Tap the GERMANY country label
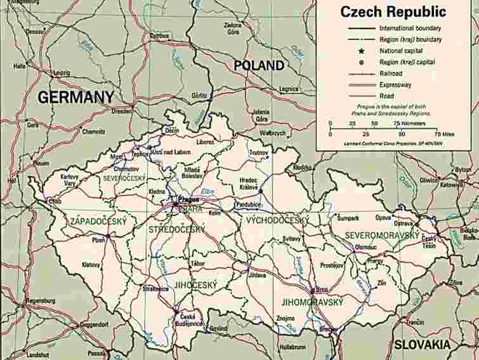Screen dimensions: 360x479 coord(75,97)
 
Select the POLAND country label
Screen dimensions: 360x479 coord(259,65)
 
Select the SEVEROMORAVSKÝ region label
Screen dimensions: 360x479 coord(382,236)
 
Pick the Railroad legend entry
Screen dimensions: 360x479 coord(391,73)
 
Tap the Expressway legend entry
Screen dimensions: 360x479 coord(395,84)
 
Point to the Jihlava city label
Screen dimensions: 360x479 coord(257,275)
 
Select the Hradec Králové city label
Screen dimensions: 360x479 coord(249,183)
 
